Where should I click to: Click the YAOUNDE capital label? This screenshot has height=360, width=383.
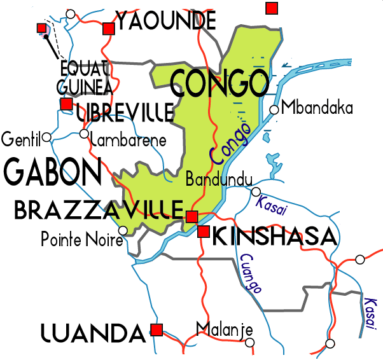coord(166,22)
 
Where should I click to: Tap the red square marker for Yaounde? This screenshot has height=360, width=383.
coord(108,28)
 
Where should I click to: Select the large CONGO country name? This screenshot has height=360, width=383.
coord(219,83)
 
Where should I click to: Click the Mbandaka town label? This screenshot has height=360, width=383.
coord(317,107)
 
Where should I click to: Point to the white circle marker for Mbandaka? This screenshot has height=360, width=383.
coord(274,109)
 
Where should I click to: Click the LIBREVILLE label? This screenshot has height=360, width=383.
coord(125,113)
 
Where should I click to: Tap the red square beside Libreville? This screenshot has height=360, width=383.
coord(66,104)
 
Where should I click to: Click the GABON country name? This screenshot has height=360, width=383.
coord(53,171)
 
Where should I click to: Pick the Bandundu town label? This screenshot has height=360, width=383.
coord(219,180)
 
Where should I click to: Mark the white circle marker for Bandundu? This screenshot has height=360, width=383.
coord(256,191)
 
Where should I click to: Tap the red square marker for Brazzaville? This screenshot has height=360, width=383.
coord(191,217)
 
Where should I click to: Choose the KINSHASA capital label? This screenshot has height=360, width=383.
coord(274,237)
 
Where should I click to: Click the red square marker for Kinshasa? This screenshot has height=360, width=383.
coord(204,232)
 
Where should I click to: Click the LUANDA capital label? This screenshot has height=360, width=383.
coord(92,332)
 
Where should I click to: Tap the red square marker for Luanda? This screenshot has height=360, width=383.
coord(156,329)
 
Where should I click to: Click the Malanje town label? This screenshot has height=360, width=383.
coord(224,329)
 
